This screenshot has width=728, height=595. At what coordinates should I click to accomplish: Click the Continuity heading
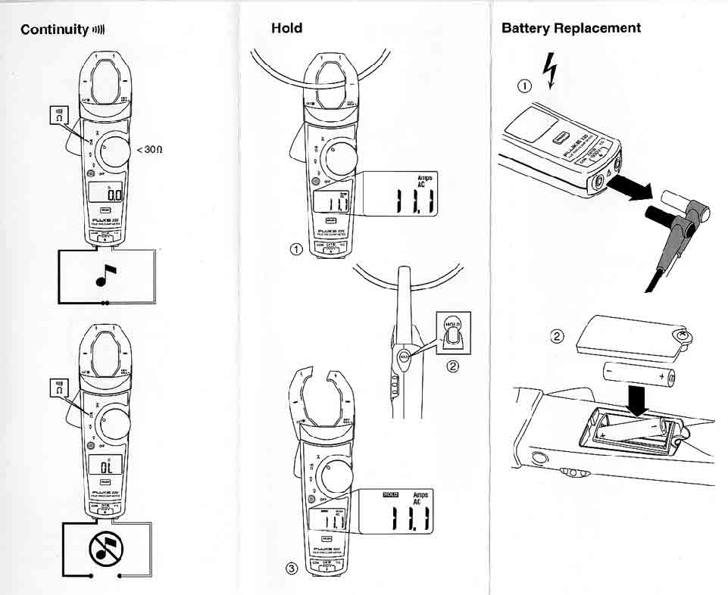[x=55, y=30]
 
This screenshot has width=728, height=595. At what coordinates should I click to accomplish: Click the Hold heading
[x=286, y=28]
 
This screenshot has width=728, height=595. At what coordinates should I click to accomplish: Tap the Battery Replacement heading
[x=570, y=28]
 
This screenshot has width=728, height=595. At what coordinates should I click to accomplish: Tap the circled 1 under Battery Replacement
[x=523, y=86]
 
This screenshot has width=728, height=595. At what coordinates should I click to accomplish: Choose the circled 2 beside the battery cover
[x=557, y=337]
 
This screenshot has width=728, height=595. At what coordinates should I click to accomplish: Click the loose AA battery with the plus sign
[x=641, y=374]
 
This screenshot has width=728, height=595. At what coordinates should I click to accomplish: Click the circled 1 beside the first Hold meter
[x=297, y=248]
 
